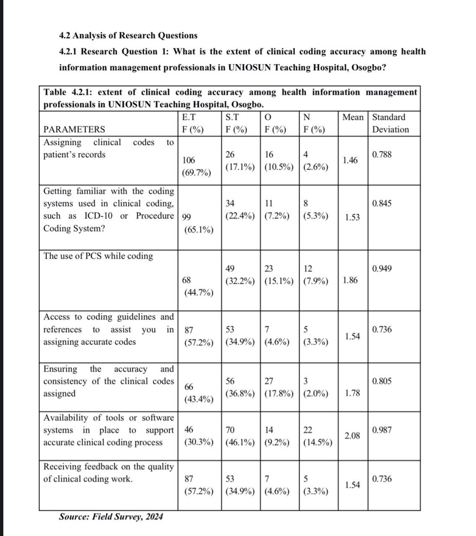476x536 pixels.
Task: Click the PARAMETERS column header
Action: (x=75, y=129)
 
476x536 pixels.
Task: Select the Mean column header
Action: (x=353, y=117)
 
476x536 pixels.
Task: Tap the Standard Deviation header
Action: (x=390, y=123)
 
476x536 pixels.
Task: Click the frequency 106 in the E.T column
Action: (x=189, y=160)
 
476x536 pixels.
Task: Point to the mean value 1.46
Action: (x=350, y=160)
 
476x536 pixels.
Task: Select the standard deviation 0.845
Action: (x=382, y=204)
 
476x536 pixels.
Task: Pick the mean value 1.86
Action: (x=350, y=280)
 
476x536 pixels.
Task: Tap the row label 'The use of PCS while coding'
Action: (x=98, y=256)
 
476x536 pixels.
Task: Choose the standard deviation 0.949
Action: (x=382, y=268)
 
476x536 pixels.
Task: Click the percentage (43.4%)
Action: (x=199, y=399)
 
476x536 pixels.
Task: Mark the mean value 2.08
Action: (x=352, y=435)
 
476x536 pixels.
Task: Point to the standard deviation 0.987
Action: (x=382, y=430)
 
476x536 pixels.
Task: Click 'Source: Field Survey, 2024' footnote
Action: (x=111, y=516)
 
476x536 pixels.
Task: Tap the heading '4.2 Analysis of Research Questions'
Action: (x=128, y=36)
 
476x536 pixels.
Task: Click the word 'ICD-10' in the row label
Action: (x=99, y=216)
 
